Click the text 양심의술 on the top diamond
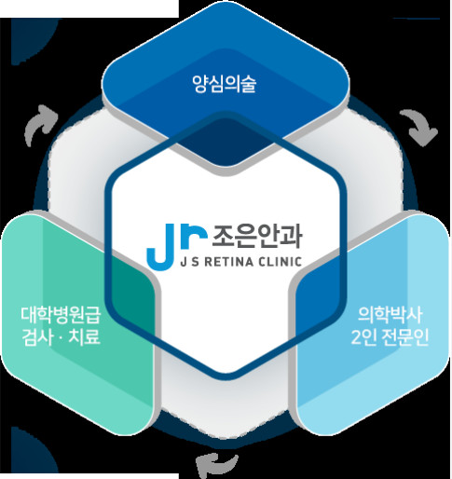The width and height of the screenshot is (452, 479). point(225,84)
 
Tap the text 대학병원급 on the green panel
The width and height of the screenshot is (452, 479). point(62,315)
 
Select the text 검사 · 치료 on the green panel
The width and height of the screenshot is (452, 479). point(62,337)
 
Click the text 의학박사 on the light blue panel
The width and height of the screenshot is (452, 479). point(390,315)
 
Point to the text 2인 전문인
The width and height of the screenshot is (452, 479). point(390,337)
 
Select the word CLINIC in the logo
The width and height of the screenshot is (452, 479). point(281,262)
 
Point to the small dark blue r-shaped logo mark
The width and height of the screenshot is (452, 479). point(193,236)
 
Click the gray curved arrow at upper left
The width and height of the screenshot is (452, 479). point(40,124)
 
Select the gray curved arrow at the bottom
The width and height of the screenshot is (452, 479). point(216,464)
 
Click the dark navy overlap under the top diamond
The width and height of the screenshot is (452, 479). point(226,143)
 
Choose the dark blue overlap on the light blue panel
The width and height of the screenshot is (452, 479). point(320,298)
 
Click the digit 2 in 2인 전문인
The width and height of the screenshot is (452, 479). point(356,337)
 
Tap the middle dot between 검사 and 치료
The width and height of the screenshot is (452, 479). point(61,337)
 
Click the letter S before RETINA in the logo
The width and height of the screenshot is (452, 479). point(192,262)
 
